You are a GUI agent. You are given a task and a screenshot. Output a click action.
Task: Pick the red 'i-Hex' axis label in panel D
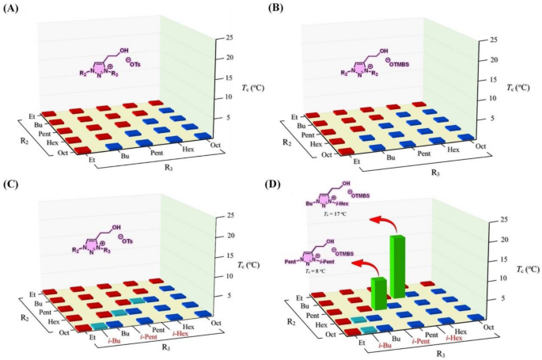pyautogui.click(x=457, y=338)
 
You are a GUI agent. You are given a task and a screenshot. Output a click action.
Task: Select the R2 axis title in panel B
pyautogui.click(x=286, y=142)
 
